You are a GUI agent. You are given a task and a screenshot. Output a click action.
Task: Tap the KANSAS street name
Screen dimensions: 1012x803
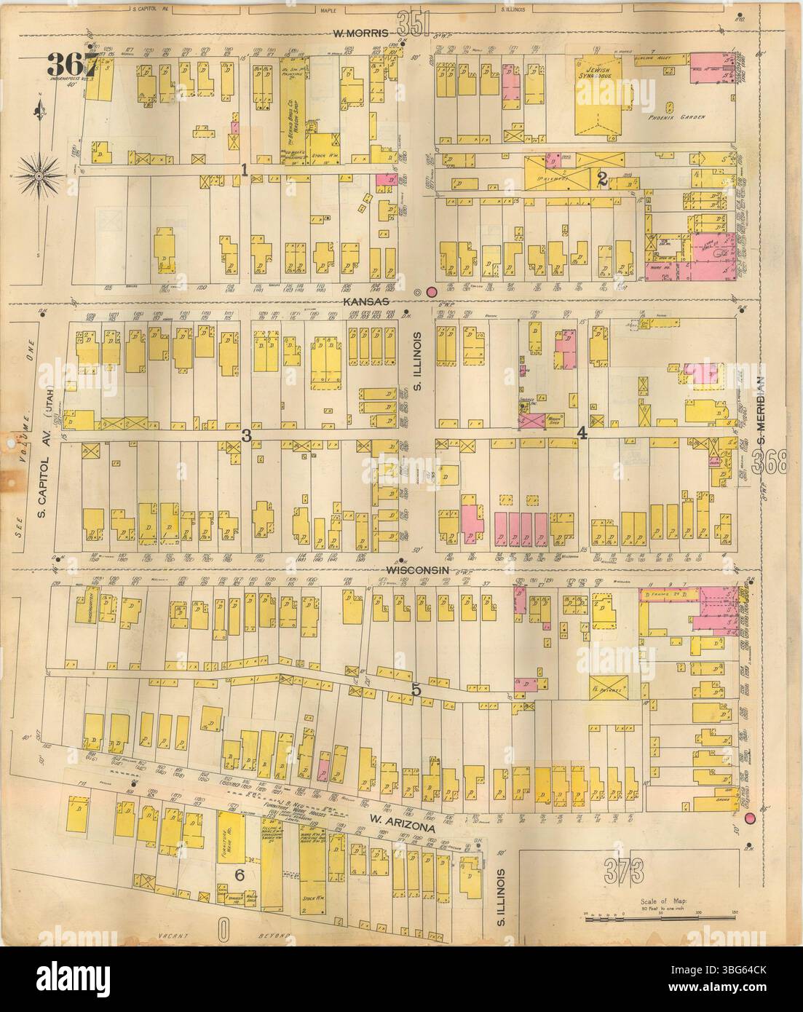(371, 300)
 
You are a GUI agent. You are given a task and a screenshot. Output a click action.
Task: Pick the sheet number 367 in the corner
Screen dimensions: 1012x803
(75, 62)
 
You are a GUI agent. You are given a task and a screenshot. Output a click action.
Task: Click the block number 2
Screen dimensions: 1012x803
(602, 181)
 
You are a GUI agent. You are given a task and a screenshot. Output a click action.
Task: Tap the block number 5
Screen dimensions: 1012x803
(415, 690)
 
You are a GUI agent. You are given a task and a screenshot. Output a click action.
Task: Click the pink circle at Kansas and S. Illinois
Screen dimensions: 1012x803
(431, 292)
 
